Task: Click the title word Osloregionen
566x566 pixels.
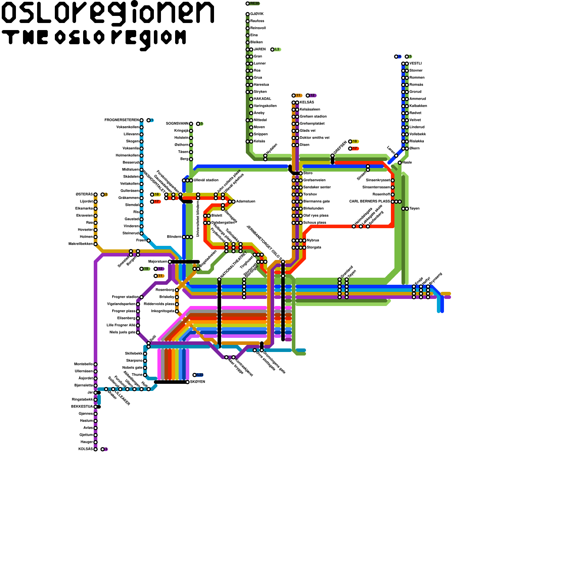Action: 108,13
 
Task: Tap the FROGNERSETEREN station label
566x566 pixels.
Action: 122,120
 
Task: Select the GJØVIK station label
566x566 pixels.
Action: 257,14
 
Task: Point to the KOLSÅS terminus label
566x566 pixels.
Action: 86,449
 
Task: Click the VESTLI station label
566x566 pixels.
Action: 416,64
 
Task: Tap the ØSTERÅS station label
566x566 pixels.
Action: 84,195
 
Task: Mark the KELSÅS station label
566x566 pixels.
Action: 307,103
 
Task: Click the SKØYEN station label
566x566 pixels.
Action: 198,382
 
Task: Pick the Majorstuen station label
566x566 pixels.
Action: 157,262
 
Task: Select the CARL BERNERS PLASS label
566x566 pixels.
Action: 369,202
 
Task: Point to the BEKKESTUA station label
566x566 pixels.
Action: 82,407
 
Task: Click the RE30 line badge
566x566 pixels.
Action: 254,4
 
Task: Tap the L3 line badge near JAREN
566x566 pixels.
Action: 277,50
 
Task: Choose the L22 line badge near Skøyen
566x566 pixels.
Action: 200,375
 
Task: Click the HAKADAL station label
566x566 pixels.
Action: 262,99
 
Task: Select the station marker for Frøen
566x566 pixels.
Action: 149,241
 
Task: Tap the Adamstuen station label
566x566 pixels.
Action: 246,202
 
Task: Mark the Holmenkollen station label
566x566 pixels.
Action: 127,156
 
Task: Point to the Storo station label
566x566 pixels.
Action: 308,173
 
